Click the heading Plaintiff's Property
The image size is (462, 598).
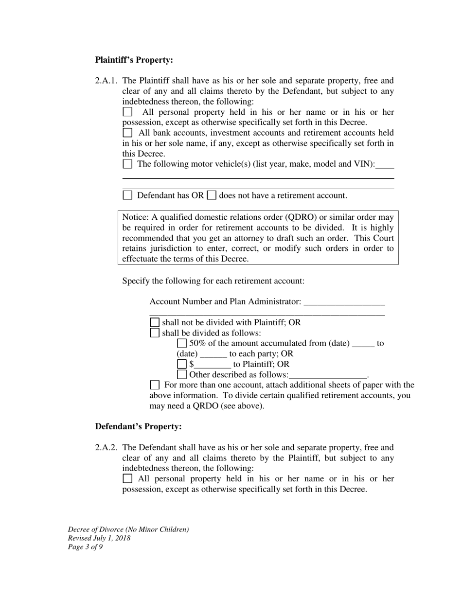coord(134,60)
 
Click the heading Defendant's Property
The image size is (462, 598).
coord(138,426)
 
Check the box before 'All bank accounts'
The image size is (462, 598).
coord(127,132)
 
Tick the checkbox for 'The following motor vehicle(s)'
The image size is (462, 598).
coord(127,164)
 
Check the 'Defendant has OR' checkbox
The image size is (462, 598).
coord(127,195)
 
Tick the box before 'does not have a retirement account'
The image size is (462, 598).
coord(212,195)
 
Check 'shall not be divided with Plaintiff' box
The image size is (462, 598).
coord(155,322)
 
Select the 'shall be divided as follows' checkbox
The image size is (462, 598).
coord(155,333)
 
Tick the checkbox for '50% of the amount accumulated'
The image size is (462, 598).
coord(182,343)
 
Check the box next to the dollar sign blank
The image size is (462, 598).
coord(182,364)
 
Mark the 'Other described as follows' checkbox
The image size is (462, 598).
coord(182,375)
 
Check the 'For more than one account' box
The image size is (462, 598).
coord(155,385)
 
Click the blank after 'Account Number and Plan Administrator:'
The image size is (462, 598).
coord(344,302)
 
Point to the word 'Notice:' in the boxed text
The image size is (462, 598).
coord(136,217)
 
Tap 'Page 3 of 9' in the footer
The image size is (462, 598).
coord(85,547)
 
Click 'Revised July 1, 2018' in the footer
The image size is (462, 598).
coord(99,538)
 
